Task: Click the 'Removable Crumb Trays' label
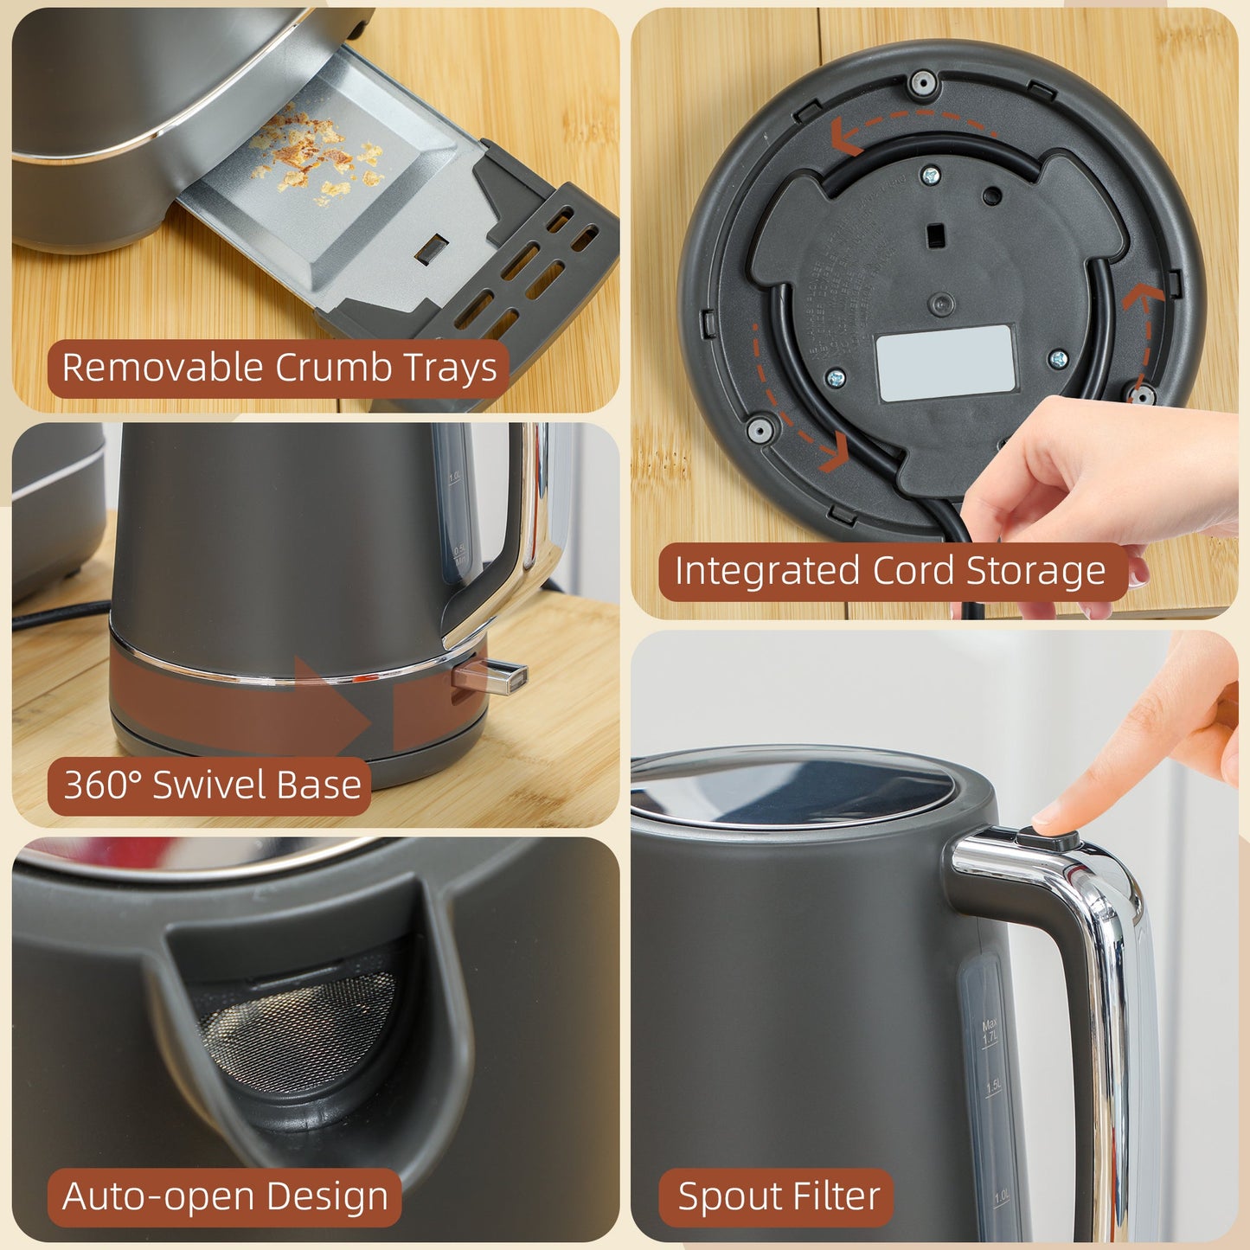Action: coord(279,368)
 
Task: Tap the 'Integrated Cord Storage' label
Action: coord(890,572)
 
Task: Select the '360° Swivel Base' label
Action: coord(211,785)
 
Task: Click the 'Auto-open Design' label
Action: coord(225,1197)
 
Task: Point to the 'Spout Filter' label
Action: coord(778,1197)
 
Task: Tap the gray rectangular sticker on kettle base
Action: coord(946,362)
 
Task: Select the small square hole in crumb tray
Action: coord(430,250)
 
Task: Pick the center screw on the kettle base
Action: coord(941,303)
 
